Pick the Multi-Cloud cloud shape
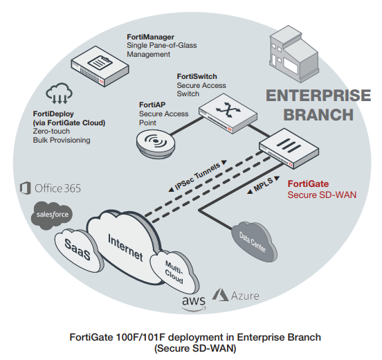[174, 272]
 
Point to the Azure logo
[235, 296]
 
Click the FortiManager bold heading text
[150, 36]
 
